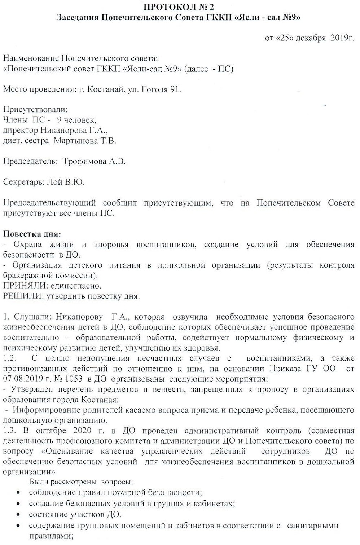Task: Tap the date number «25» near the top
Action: [x=285, y=38]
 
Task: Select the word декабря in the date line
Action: [x=311, y=38]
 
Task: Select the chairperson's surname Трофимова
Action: [x=85, y=161]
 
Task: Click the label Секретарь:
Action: [x=24, y=182]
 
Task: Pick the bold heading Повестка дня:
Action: [x=32, y=234]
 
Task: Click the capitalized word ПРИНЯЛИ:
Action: [x=25, y=286]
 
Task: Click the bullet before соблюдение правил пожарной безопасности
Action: [x=19, y=493]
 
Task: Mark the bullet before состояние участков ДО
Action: [x=19, y=515]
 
